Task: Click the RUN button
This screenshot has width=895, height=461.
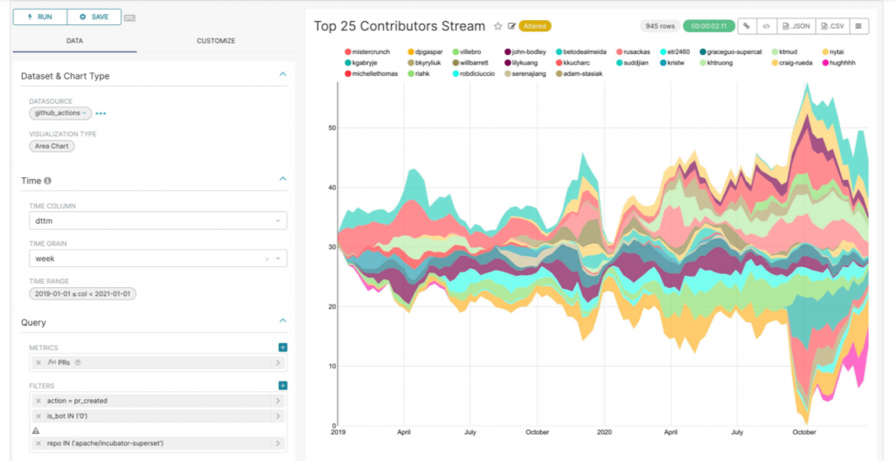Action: pos(39,17)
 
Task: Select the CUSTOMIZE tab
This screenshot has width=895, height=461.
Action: pos(216,40)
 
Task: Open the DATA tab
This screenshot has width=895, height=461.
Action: pos(74,40)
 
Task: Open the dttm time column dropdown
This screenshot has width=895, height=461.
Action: pos(158,222)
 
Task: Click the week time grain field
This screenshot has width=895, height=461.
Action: pos(149,259)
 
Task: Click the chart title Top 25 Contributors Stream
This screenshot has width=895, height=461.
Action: pos(399,26)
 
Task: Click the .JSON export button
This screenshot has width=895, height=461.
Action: pos(797,26)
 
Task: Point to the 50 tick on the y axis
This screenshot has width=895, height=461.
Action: pos(330,128)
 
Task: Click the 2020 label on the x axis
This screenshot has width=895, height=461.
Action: pos(604,432)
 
